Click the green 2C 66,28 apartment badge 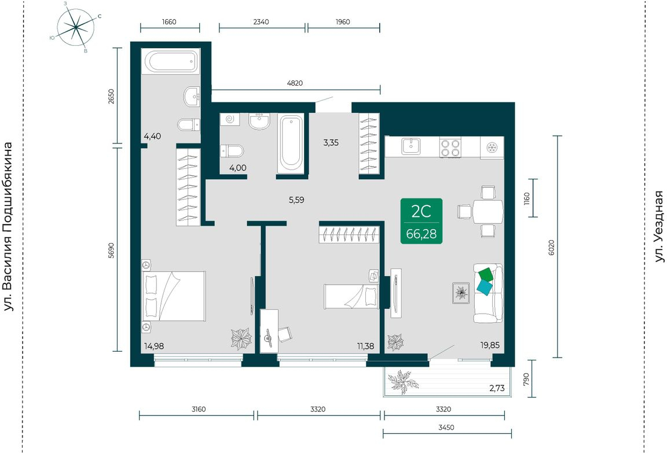[421, 221]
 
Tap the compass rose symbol [76, 28]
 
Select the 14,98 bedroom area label [153, 346]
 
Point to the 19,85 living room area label [490, 345]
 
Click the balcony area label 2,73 [497, 388]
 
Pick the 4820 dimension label [295, 83]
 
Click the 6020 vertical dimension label [552, 247]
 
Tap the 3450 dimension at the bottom [446, 428]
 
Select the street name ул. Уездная [659, 227]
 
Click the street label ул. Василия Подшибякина [8, 227]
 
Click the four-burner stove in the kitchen [450, 148]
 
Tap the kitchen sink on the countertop [411, 146]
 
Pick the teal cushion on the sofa [484, 287]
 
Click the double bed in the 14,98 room [174, 296]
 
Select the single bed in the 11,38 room [351, 296]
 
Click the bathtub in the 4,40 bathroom [171, 62]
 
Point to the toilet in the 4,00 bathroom [232, 151]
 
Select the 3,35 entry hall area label [331, 143]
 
